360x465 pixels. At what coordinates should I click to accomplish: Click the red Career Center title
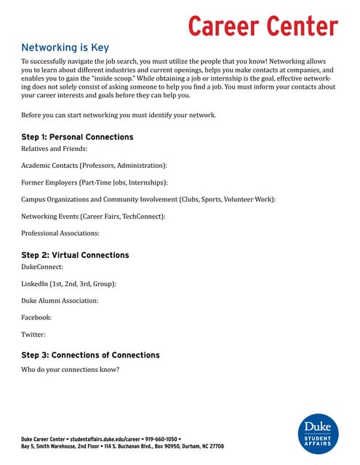pos(263,25)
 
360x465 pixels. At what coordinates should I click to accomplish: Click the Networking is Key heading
pos(65,47)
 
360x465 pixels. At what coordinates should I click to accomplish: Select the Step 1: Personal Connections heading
pos(77,137)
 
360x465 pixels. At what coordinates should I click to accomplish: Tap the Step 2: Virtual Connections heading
pos(75,255)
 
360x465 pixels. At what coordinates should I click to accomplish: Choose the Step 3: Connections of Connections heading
pos(90,355)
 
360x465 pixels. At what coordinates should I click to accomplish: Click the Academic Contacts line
pos(94,166)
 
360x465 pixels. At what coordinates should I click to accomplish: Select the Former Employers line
pos(95,182)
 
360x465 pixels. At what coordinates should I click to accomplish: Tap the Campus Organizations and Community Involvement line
pos(148,199)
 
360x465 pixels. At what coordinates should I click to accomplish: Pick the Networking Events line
pos(93,216)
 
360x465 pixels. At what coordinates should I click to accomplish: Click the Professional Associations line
pos(60,233)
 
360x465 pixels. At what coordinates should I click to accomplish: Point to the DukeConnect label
pos(42,267)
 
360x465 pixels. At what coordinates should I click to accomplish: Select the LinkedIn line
pos(68,284)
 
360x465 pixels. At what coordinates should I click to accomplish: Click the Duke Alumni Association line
pos(60,301)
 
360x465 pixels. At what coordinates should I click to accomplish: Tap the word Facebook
pos(38,318)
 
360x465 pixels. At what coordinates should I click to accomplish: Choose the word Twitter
pos(33,335)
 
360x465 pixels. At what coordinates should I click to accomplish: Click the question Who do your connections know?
pos(71,369)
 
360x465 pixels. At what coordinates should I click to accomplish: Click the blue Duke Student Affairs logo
pos(317,433)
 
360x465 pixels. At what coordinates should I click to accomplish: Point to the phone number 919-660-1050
pos(159,439)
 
